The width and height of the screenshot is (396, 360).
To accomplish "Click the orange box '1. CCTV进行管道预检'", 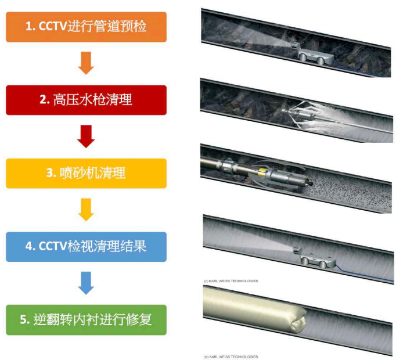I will tap(86, 26).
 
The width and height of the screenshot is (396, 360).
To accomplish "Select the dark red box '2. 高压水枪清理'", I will tap(86, 100).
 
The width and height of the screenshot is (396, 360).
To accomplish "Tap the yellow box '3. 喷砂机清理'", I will tap(86, 173).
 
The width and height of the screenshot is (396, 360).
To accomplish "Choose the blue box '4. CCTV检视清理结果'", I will tap(86, 246).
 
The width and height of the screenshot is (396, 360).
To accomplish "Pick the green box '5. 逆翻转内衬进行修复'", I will tap(86, 319).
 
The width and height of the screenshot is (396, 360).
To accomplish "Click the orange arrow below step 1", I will tap(86, 63).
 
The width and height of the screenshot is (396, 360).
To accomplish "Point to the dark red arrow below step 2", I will tap(86, 136).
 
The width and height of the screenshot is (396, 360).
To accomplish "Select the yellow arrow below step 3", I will tap(86, 210).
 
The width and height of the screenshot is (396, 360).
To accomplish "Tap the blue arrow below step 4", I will tap(86, 283).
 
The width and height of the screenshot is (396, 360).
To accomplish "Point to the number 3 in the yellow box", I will tap(49, 173).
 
